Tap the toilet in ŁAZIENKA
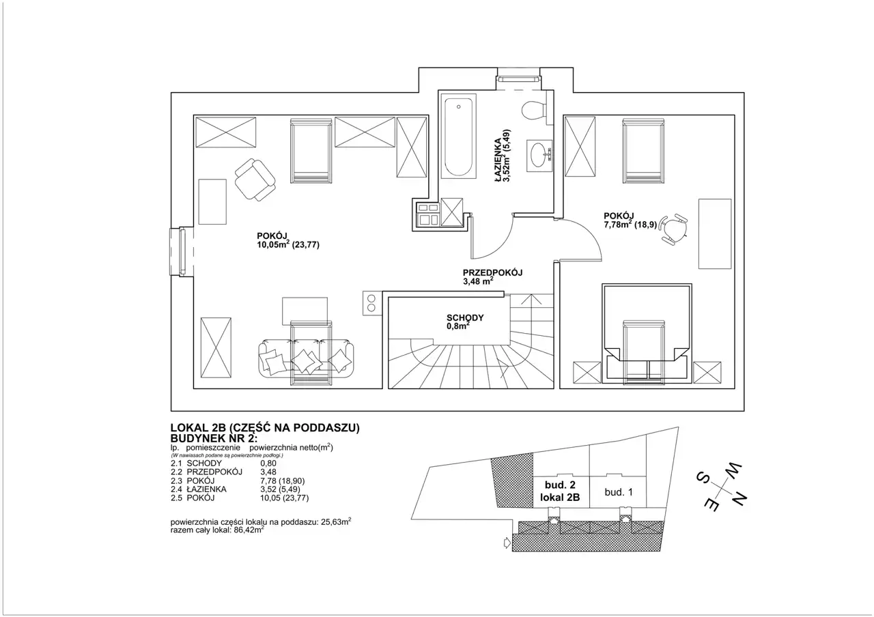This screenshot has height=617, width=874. [534, 111]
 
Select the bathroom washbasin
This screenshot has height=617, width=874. [539, 156]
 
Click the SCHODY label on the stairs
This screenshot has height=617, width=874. [465, 318]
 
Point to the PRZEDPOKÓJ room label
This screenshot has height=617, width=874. [492, 273]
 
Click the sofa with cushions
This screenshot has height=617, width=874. [306, 358]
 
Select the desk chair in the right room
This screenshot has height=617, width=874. [675, 229]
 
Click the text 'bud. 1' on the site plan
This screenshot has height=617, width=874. [619, 492]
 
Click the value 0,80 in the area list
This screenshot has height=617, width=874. [268, 463]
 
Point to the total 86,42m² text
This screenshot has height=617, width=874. [249, 530]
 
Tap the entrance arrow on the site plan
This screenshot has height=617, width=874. [507, 543]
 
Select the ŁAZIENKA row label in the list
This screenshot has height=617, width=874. [206, 489]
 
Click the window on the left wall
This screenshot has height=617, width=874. [182, 252]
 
